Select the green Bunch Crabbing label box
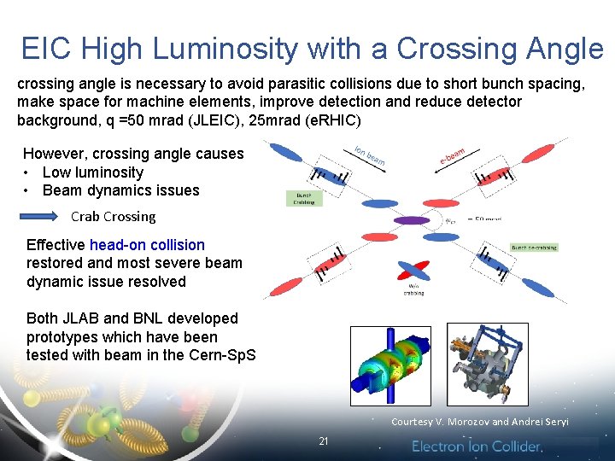(303, 198)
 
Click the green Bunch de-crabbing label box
(535, 248)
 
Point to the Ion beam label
(369, 155)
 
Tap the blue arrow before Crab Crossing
(42, 216)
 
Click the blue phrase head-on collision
(147, 245)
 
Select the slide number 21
(323, 441)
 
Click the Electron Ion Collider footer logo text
(477, 446)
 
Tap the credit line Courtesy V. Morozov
(479, 422)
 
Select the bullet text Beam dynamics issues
(120, 190)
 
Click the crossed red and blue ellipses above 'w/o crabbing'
(413, 272)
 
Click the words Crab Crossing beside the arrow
(113, 217)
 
